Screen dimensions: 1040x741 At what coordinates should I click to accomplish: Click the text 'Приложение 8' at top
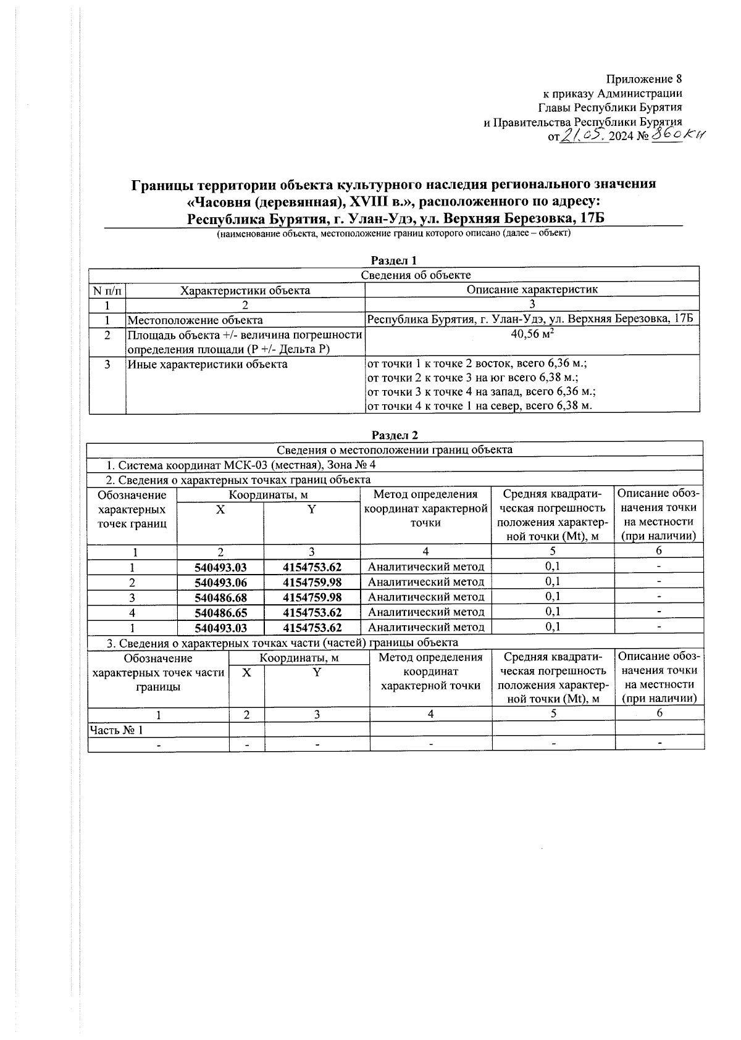point(644,79)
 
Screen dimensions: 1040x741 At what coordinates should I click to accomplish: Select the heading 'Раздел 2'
point(395,436)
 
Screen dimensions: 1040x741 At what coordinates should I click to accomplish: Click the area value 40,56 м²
point(532,335)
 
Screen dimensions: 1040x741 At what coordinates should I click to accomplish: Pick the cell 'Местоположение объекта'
point(195,320)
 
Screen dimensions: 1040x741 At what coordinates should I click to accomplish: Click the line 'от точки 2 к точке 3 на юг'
point(472,378)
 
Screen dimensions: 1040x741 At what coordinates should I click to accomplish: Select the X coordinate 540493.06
point(220,582)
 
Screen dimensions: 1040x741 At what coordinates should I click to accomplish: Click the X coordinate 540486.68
point(220,597)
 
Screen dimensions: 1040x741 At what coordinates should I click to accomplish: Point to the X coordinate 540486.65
point(220,612)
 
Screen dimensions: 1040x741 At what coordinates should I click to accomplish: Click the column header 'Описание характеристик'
point(532,289)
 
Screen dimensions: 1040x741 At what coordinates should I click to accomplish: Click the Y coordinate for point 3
point(312,597)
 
